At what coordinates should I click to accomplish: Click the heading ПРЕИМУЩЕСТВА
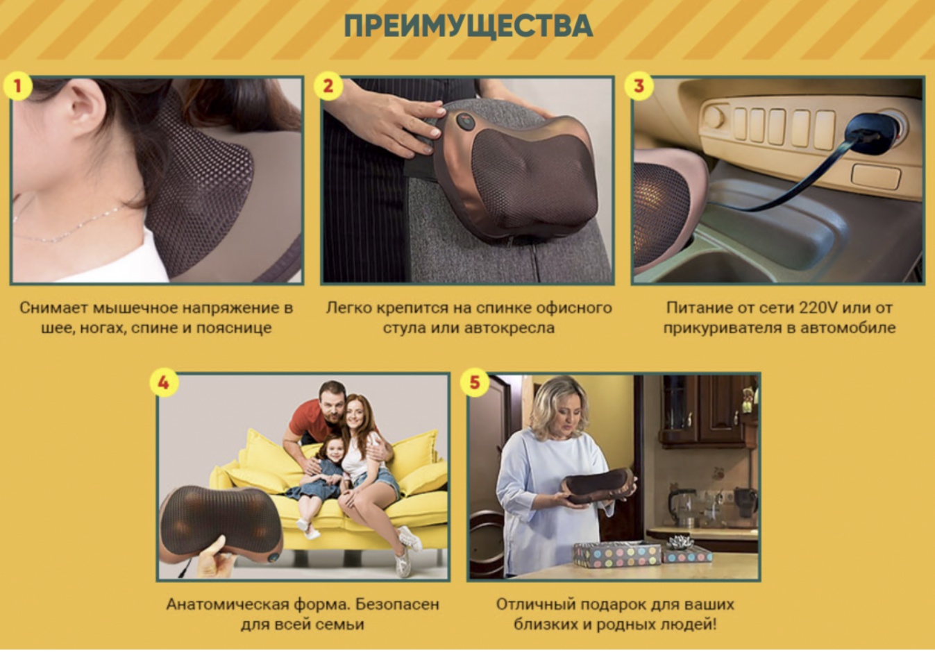pyautogui.click(x=468, y=26)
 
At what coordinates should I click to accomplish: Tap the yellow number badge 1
pyautogui.click(x=17, y=86)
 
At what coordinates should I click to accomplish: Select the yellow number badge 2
pyautogui.click(x=328, y=86)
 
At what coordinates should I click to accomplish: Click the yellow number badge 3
pyautogui.click(x=639, y=86)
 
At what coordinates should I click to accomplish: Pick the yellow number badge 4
pyautogui.click(x=164, y=382)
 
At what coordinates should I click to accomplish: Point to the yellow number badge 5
pyautogui.click(x=474, y=382)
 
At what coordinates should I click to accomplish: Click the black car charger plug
pyautogui.click(x=873, y=133)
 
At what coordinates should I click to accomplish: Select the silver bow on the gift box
pyautogui.click(x=680, y=542)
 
